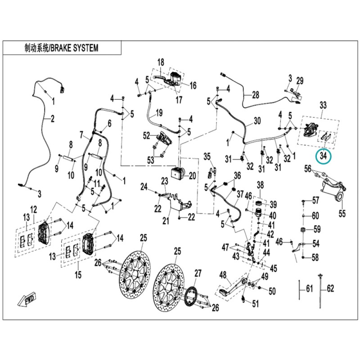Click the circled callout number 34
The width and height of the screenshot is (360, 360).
323,156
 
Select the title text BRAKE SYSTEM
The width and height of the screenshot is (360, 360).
74,48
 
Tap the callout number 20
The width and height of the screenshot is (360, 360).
193,176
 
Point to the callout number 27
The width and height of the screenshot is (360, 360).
198,273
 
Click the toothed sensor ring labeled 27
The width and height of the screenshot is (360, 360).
191,296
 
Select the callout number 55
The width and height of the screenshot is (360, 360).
342,213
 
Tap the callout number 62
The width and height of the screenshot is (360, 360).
330,288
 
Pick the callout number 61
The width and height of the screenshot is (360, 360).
310,288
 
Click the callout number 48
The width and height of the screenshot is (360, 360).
223,275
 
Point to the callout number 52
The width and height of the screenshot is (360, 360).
147,136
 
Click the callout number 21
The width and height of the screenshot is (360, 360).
166,220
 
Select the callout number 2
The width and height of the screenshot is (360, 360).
53,119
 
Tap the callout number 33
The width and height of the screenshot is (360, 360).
323,105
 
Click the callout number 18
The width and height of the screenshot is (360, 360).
161,62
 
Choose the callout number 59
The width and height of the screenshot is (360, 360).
317,229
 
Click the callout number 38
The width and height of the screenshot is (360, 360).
261,185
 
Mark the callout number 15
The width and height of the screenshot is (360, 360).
78,274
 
